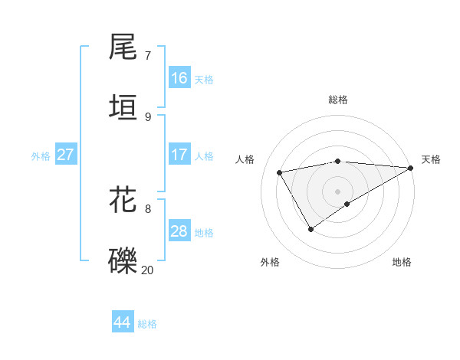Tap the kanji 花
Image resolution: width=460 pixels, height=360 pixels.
(123, 198)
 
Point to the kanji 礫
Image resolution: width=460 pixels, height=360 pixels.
(123, 260)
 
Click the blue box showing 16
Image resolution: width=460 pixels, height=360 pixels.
(179, 78)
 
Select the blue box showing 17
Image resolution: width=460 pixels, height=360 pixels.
(179, 155)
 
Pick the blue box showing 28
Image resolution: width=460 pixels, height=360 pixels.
(179, 231)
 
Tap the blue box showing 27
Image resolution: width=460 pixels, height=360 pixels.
(65, 155)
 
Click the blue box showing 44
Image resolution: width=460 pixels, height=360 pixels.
(122, 322)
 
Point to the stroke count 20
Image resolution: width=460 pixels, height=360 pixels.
(148, 270)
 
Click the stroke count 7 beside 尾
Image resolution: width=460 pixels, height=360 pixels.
(148, 55)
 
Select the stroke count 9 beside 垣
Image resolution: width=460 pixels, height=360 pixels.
(148, 116)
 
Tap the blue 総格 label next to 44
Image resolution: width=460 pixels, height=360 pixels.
(147, 324)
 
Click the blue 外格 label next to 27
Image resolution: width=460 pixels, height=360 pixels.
(41, 156)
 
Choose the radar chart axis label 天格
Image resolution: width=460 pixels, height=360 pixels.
(431, 159)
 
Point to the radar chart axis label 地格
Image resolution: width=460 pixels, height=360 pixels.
(402, 263)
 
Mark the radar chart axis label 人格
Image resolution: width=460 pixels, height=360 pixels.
(245, 159)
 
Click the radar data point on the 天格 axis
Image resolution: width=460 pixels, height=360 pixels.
(411, 168)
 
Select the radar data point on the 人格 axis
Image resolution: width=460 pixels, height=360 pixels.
(280, 172)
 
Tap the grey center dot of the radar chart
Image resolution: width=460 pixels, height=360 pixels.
(337, 191)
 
